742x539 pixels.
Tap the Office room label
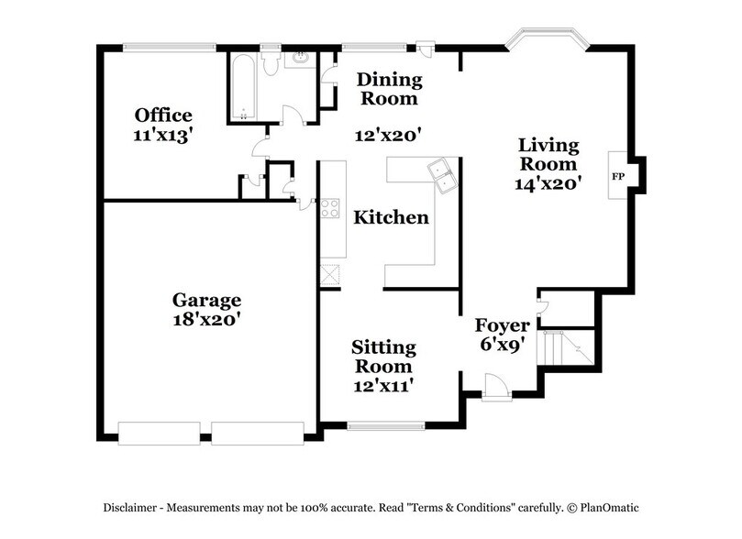pyautogui.click(x=163, y=115)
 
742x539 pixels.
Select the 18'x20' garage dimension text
pyautogui.click(x=207, y=320)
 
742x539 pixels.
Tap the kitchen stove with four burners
pyautogui.click(x=330, y=208)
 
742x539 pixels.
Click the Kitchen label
pyautogui.click(x=392, y=218)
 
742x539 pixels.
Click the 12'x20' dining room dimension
pyautogui.click(x=388, y=136)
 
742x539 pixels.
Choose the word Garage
pyautogui.click(x=207, y=301)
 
